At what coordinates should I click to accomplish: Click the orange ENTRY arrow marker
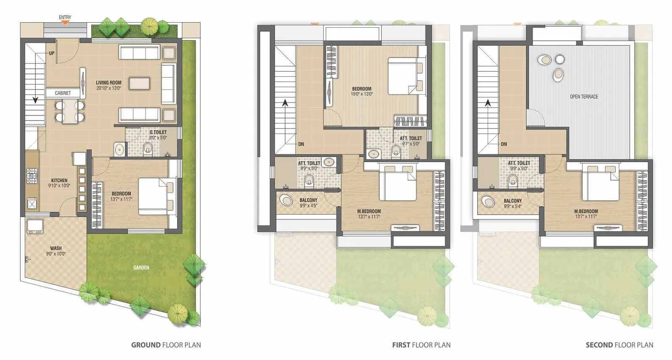pos(65,23)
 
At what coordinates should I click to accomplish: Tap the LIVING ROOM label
pos(108,83)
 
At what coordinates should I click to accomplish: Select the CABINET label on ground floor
pos(63,93)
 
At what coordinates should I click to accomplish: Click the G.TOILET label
pos(158,132)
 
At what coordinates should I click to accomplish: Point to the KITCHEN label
pos(59,180)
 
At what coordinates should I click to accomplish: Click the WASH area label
pos(56,248)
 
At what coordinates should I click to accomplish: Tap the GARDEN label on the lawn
pos(141,268)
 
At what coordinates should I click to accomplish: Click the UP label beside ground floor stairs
pos(51,53)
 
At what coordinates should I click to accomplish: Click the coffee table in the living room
pos(139,83)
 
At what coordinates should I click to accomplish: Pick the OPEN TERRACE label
pos(584,97)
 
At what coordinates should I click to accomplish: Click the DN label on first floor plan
pos(301,144)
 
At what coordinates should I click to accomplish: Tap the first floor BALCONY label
pos(308,200)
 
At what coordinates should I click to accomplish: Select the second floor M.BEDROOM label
pos(586,211)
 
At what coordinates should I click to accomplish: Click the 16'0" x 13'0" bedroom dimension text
pos(362,94)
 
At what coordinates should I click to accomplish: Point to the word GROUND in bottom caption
pos(146,345)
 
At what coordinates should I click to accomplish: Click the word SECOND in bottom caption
pos(599,345)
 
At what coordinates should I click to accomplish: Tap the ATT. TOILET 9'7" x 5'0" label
pos(410,138)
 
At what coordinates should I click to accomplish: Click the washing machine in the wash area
pos(34,226)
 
